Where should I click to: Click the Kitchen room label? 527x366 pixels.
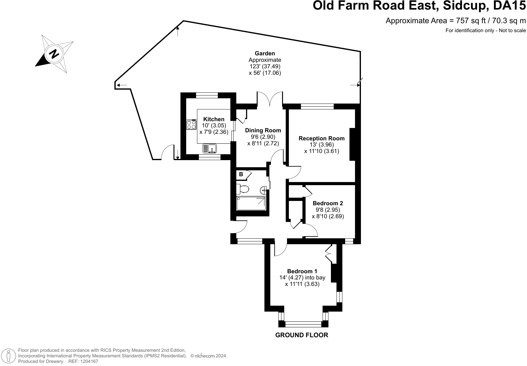click(214, 119)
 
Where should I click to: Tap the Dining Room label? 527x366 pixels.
click(263, 130)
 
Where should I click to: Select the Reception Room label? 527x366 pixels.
click(322, 138)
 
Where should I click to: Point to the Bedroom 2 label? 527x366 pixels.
click(328, 203)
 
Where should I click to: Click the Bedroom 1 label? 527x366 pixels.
click(302, 271)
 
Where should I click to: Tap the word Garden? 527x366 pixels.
click(265, 53)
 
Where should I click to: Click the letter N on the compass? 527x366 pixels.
click(54, 54)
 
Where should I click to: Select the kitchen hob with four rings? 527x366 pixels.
click(191, 125)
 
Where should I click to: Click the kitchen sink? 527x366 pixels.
click(209, 149)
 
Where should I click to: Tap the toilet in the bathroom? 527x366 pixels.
click(242, 189)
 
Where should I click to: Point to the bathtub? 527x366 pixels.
click(251, 203)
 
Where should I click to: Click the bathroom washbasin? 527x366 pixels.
click(263, 190)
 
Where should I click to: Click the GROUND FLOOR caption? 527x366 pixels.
click(302, 335)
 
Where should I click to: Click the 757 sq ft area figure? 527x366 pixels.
click(471, 21)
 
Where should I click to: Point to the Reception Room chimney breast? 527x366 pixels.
click(352, 144)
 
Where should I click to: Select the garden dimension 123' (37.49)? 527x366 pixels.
click(265, 66)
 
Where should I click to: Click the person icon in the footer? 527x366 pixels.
click(9, 355)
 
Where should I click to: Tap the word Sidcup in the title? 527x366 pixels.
click(465, 6)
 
